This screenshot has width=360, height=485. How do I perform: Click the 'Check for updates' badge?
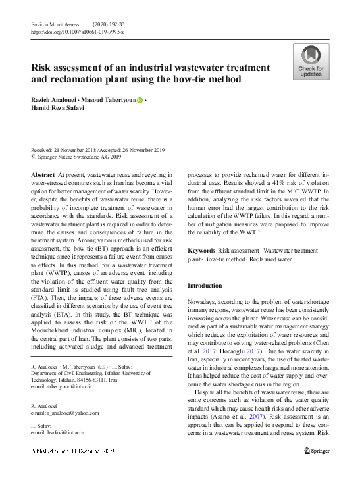click(311, 63)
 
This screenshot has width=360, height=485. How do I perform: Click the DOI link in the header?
click(76, 32)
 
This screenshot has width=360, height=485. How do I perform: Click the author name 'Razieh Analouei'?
click(55, 99)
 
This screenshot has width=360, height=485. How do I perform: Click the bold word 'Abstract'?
click(43, 174)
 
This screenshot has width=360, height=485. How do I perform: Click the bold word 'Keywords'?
click(201, 251)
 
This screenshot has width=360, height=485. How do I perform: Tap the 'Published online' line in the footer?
click(72, 451)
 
